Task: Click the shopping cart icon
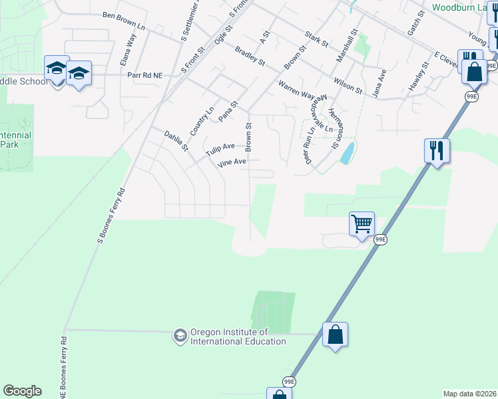pyautogui.click(x=362, y=223)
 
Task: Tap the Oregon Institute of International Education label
pyautogui.click(x=238, y=336)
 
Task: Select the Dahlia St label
pyautogui.click(x=176, y=140)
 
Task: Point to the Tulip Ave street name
pyautogui.click(x=220, y=150)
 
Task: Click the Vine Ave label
pyautogui.click(x=230, y=162)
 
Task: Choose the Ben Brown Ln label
pyautogui.click(x=124, y=19)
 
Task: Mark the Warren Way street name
pyautogui.click(x=296, y=90)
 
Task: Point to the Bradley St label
pyautogui.click(x=250, y=55)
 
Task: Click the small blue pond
pyautogui.click(x=347, y=154)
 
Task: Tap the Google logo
pyautogui.click(x=22, y=391)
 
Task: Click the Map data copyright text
pyautogui.click(x=469, y=394)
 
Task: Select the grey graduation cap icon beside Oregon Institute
pyautogui.click(x=179, y=336)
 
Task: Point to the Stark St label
pyautogui.click(x=316, y=39)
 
